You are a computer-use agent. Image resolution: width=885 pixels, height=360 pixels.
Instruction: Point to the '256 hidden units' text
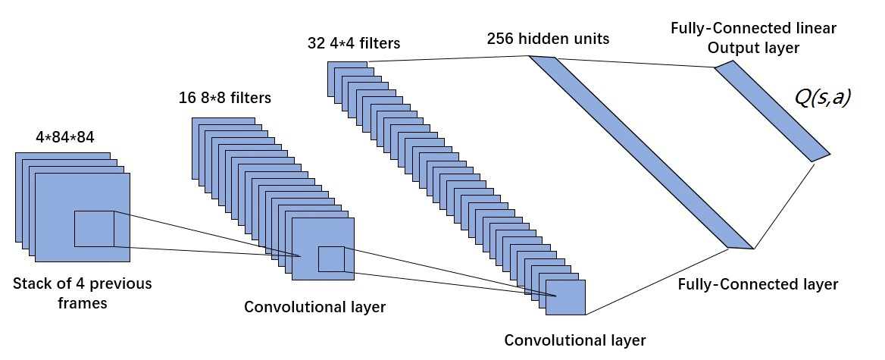tap(549, 39)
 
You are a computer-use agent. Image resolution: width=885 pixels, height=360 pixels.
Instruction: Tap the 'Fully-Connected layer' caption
tap(758, 285)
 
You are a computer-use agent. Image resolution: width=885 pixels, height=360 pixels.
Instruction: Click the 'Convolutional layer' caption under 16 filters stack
tap(314, 307)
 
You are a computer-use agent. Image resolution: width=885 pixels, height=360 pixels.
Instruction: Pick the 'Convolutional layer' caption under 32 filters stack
tap(575, 339)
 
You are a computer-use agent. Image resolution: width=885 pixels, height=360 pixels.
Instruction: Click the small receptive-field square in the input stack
tap(94, 228)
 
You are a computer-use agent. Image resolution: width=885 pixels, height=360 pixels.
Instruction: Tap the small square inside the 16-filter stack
tap(331, 259)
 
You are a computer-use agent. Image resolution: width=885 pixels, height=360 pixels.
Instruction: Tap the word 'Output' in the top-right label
tap(730, 48)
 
